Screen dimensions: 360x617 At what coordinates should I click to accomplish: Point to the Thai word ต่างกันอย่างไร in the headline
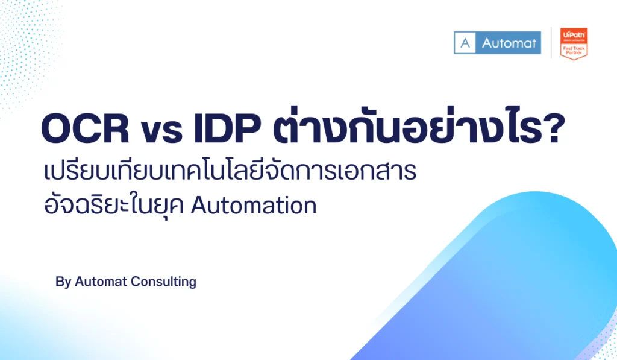click(x=410, y=130)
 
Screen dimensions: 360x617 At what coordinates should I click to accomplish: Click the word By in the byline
click(x=63, y=282)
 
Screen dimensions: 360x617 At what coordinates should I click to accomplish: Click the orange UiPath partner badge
click(x=574, y=43)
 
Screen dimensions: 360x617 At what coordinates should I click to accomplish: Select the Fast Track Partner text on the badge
click(x=574, y=49)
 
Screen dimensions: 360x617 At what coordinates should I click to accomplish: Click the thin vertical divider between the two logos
click(x=551, y=43)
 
